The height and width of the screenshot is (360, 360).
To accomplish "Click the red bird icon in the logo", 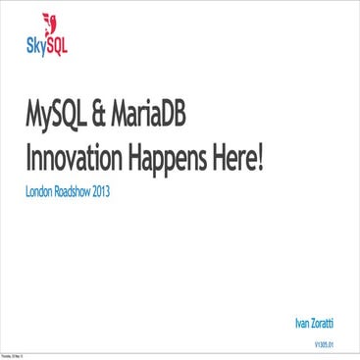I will pyautogui.click(x=51, y=24).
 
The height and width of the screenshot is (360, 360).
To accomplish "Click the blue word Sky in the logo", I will pyautogui.click(x=35, y=42).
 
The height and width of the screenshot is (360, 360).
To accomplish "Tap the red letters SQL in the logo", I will pyautogui.click(x=57, y=42).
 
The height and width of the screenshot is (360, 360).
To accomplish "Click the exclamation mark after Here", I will pyautogui.click(x=263, y=157).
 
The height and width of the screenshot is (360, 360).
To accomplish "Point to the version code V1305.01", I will pyautogui.click(x=325, y=344).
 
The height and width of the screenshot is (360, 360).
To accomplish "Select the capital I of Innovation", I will pyautogui.click(x=28, y=157).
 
